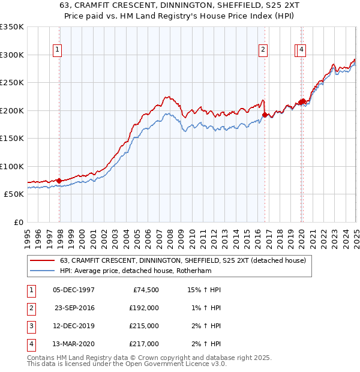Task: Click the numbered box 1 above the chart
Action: tap(58, 50)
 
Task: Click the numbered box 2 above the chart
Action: tap(263, 50)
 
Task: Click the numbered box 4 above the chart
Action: tap(301, 50)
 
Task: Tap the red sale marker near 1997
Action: tap(59, 181)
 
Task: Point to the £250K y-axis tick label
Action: tap(12, 83)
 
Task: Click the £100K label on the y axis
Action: tap(12, 166)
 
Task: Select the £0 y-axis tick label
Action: tap(18, 222)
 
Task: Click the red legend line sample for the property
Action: tap(43, 260)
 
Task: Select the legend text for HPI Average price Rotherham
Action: tap(145, 271)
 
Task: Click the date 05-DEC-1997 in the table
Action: tap(74, 290)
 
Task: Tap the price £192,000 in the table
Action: tap(144, 308)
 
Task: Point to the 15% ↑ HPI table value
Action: tap(204, 290)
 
